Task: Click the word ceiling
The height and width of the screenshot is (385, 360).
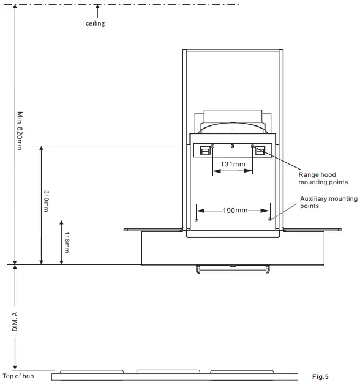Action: (95, 23)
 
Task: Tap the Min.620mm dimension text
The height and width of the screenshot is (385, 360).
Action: (20, 130)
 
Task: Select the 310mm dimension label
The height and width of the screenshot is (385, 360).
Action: (46, 201)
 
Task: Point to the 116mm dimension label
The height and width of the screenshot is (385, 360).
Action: (67, 242)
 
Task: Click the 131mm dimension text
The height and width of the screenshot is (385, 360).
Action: (233, 164)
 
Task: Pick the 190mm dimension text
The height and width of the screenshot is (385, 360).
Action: (235, 211)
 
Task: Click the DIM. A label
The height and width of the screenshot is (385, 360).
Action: (15, 321)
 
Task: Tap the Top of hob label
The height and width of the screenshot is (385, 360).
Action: (18, 376)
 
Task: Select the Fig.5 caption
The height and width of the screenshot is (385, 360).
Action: (320, 376)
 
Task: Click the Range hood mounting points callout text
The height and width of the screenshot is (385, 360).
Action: (323, 178)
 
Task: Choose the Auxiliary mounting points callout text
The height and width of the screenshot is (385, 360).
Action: (329, 202)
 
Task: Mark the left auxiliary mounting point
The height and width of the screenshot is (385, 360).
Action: (196, 220)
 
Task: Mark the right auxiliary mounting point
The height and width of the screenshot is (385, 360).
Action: (270, 219)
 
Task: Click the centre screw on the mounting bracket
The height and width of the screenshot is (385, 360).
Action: (232, 146)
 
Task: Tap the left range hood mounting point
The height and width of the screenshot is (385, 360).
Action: (212, 146)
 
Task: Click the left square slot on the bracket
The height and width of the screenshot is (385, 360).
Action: (205, 151)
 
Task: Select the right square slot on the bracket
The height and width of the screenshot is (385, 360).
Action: (260, 151)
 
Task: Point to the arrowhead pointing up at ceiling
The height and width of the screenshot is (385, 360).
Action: (97, 7)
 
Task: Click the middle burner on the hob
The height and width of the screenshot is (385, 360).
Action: (168, 372)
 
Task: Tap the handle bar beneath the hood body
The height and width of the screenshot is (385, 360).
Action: (233, 269)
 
